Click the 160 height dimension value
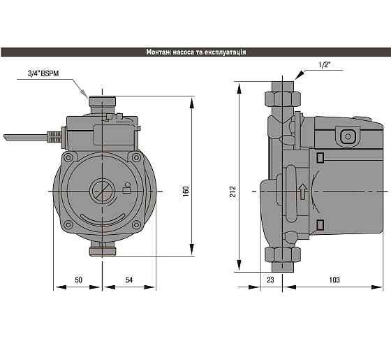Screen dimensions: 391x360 pyautogui.click(x=186, y=192)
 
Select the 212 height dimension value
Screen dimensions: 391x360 pyautogui.click(x=233, y=192)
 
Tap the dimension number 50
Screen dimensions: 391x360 pyautogui.click(x=78, y=280)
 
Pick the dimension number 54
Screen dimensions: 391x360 pyautogui.click(x=129, y=280)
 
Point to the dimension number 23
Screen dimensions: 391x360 pyautogui.click(x=270, y=280)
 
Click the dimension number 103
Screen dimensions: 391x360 pyautogui.click(x=334, y=280)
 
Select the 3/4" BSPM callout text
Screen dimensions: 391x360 pyautogui.click(x=43, y=73)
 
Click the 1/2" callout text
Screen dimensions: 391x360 pyautogui.click(x=325, y=65)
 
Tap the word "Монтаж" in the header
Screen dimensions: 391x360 pyautogui.click(x=158, y=52)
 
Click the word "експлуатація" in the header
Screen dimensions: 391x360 pyautogui.click(x=225, y=52)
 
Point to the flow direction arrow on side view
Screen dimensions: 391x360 pyautogui.click(x=302, y=192)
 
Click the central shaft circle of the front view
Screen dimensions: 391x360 pyautogui.click(x=102, y=192)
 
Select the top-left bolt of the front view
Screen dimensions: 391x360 pyautogui.click(x=68, y=158)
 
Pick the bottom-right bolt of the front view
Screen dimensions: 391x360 pyautogui.click(x=136, y=224)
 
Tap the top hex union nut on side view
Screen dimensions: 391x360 pyautogui.click(x=282, y=99)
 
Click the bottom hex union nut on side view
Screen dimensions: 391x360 pyautogui.click(x=282, y=254)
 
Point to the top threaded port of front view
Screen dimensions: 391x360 pyautogui.click(x=102, y=104)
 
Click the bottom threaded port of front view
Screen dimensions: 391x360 pyautogui.click(x=103, y=249)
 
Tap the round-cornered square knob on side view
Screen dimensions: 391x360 pyautogui.click(x=348, y=136)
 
